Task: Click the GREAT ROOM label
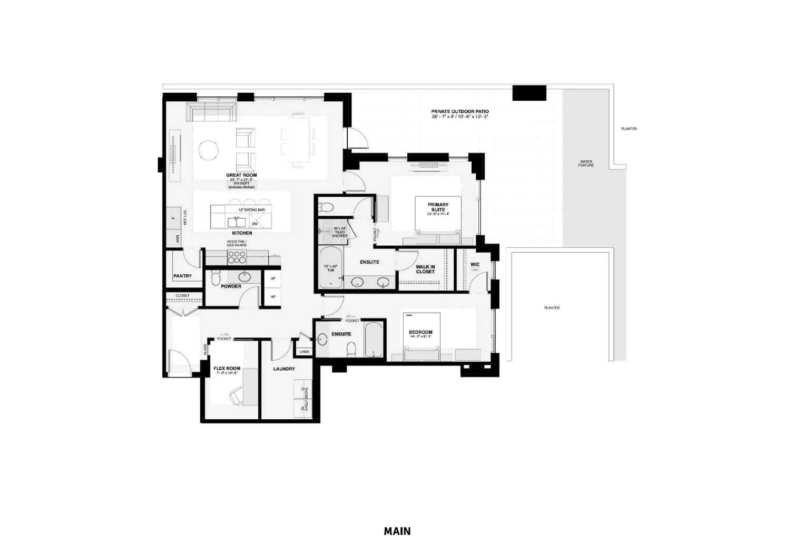point(241,175)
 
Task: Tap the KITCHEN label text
point(242,233)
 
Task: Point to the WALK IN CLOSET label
point(425,269)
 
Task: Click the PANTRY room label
point(182,276)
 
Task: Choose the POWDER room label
point(231,286)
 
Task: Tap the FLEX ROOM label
point(227,369)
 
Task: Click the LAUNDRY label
point(284,369)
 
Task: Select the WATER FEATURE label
point(586,163)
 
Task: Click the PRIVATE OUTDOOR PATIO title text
point(459,111)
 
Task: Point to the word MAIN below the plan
point(397,531)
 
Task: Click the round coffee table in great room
point(208,150)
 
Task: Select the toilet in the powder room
point(215,277)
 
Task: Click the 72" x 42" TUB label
point(330,268)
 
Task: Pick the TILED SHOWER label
point(339,233)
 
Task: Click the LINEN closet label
point(304,352)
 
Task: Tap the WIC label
point(475,264)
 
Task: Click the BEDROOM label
point(420,332)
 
